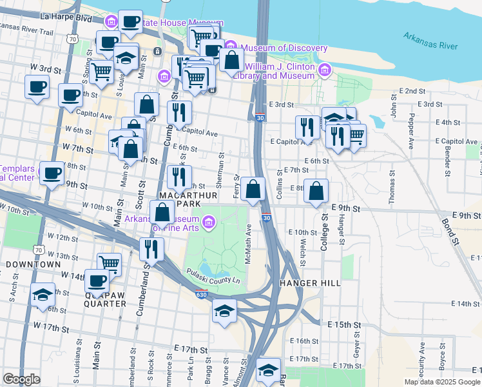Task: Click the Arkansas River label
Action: click(x=431, y=41)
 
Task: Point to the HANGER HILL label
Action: click(x=311, y=283)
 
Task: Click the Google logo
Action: click(x=21, y=379)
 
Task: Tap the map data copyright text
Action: click(x=442, y=382)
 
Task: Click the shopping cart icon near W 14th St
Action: click(x=110, y=263)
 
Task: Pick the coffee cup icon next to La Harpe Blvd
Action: click(x=131, y=21)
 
